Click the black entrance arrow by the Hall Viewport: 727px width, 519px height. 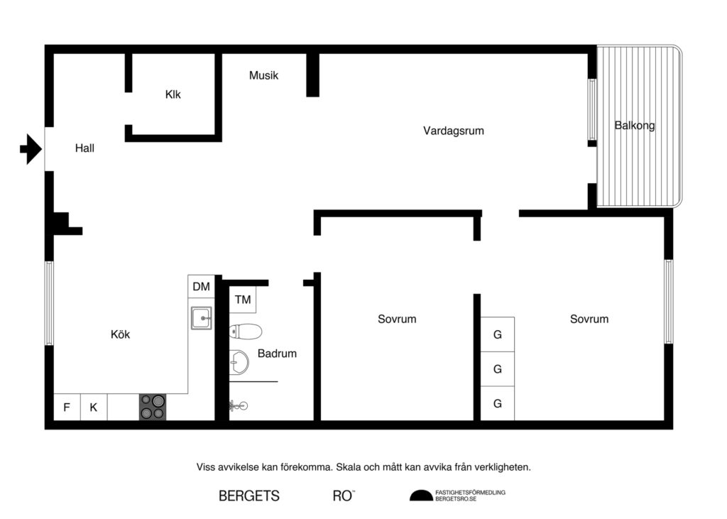[x=31, y=149]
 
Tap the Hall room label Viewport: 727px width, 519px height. [x=84, y=149]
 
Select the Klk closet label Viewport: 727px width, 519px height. [x=173, y=94]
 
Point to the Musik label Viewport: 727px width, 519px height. [x=263, y=75]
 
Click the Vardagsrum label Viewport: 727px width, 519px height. [x=453, y=131]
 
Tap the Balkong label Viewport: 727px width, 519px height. [x=634, y=126]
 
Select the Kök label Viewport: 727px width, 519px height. [x=121, y=334]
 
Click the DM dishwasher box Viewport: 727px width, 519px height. [x=202, y=287]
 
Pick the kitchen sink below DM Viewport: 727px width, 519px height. [x=202, y=318]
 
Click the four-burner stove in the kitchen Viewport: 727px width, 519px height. [x=152, y=407]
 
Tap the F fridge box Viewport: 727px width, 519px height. [x=67, y=408]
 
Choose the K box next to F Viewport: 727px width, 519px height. [x=93, y=408]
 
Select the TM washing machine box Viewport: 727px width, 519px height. [x=243, y=300]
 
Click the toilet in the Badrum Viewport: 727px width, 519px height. [x=246, y=332]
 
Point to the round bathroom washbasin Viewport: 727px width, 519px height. [x=239, y=362]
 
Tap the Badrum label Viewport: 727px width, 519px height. [x=277, y=353]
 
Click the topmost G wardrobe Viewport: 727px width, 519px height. [x=498, y=334]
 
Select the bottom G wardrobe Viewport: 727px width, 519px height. [x=498, y=404]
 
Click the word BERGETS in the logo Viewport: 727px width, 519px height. [x=248, y=496]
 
